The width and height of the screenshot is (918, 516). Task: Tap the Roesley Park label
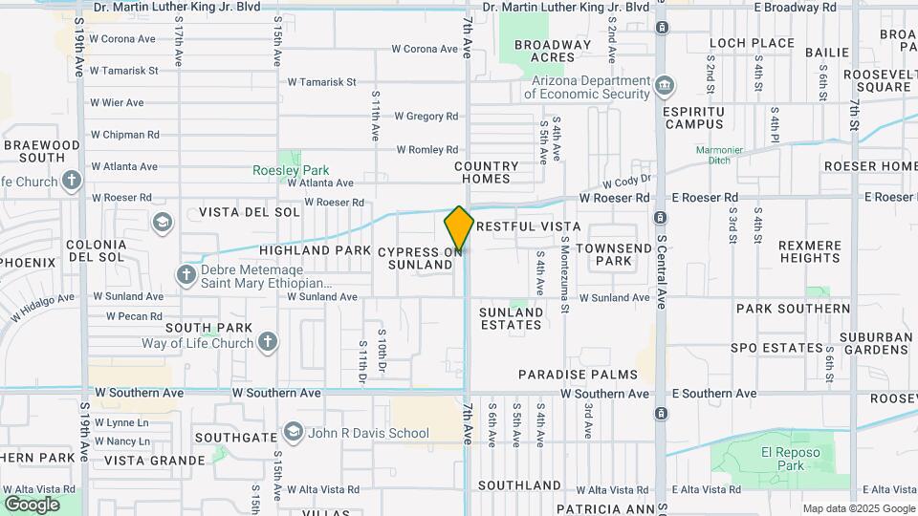[x=290, y=170]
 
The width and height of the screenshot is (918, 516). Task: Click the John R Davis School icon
[x=293, y=433]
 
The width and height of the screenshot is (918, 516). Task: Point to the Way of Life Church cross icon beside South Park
[x=268, y=343]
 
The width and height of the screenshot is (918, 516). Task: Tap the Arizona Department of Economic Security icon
[x=663, y=87]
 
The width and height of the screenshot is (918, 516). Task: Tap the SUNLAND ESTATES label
[x=511, y=318]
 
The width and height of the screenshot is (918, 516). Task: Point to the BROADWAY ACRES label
[x=552, y=51]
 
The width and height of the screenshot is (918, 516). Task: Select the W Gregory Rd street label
[x=426, y=117]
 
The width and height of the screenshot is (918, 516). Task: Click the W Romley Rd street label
[x=426, y=149]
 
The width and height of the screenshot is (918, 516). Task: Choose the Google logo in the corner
[x=32, y=504]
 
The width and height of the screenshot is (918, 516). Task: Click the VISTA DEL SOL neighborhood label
[x=249, y=211]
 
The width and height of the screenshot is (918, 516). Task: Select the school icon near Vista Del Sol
[x=162, y=223]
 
